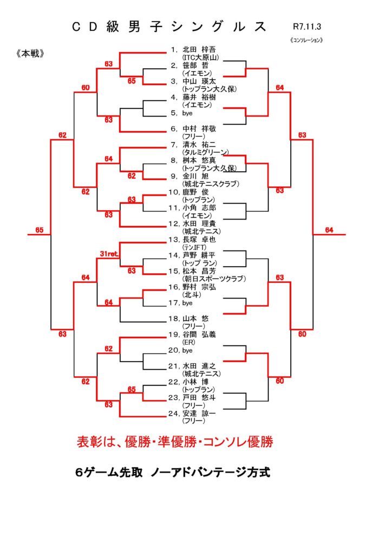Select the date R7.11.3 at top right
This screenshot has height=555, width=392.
point(305,25)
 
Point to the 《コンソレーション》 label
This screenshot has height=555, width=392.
point(306,40)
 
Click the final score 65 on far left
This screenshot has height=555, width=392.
point(40,230)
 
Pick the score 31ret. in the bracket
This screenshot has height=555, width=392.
point(109,254)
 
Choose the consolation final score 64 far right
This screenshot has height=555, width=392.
point(329,230)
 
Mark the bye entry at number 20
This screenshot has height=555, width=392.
point(188,350)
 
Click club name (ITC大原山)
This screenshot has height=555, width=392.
point(200,57)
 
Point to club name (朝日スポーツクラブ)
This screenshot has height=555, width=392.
point(214,278)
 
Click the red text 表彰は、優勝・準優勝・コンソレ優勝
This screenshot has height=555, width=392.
point(174,442)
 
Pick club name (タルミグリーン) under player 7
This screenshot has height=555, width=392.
point(206,152)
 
